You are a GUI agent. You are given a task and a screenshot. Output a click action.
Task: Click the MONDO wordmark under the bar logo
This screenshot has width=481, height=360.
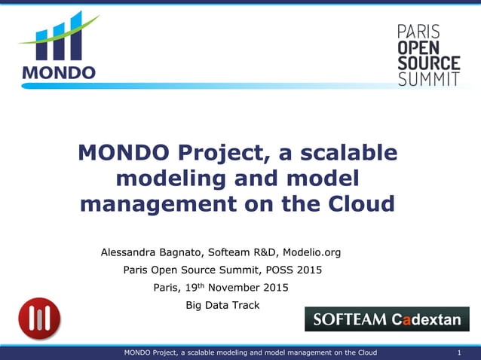click(x=59, y=73)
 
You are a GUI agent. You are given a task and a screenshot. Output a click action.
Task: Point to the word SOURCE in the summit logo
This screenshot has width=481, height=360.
click(x=428, y=63)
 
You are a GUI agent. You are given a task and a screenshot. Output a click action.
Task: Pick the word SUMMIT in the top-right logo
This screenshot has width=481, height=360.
click(x=428, y=79)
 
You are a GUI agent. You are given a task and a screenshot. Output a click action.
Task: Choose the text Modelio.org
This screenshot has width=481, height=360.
click(x=311, y=252)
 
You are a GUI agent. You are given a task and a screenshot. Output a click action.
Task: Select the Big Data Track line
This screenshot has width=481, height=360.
click(x=222, y=305)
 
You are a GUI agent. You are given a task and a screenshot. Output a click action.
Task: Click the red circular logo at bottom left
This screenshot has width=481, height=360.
click(x=39, y=319)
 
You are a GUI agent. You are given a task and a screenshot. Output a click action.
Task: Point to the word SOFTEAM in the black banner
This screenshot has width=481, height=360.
click(x=349, y=320)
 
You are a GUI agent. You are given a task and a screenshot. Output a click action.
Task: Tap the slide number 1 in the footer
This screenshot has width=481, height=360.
click(x=459, y=353)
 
